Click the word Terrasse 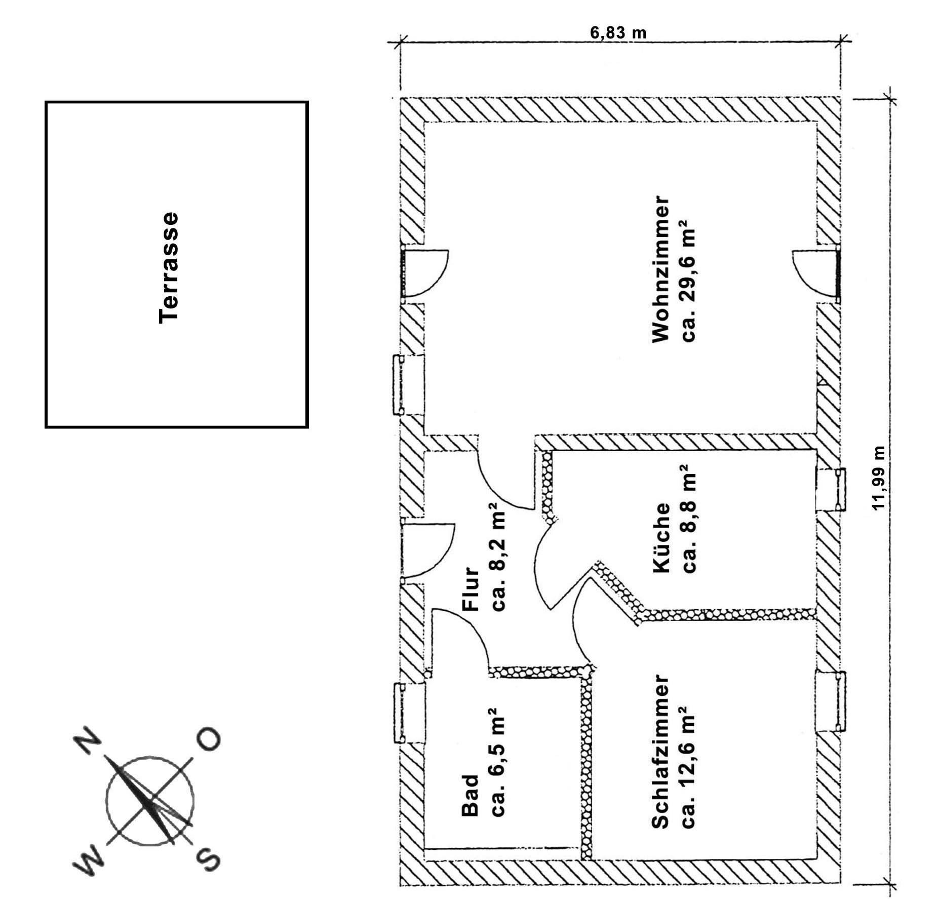[168, 268]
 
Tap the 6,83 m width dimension [618, 33]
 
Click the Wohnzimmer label [661, 269]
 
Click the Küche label [661, 538]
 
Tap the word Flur [471, 589]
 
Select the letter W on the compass [89, 859]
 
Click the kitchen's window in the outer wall [831, 489]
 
